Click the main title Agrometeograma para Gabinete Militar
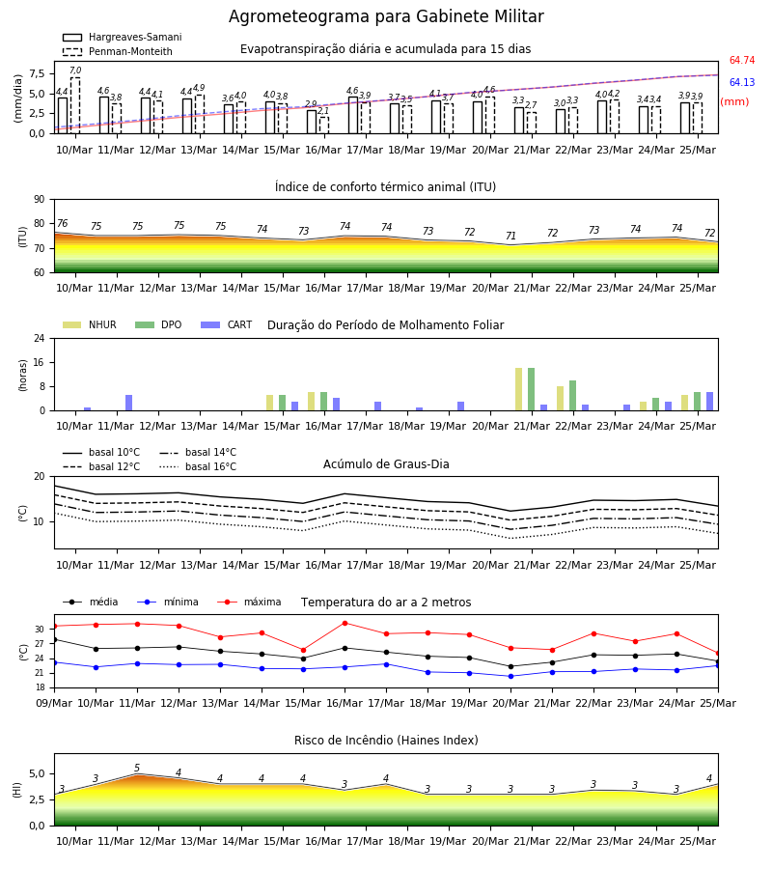[x=386, y=16]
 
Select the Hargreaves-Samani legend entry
[x=122, y=37]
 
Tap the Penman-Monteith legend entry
[x=118, y=51]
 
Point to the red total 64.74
[x=742, y=61]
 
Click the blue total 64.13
[x=742, y=83]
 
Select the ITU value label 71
[x=510, y=237]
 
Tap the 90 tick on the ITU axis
[x=40, y=200]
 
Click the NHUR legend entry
[x=90, y=324]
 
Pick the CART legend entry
[x=227, y=324]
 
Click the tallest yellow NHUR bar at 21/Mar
[x=518, y=389]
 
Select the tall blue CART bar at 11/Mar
[x=128, y=403]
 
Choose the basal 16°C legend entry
[x=198, y=466]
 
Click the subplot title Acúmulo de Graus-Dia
[x=386, y=464]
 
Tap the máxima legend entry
[x=249, y=602]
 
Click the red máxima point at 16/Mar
[x=345, y=623]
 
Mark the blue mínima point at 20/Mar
[x=510, y=676]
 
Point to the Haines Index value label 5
[x=137, y=769]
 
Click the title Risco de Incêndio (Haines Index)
[x=386, y=741]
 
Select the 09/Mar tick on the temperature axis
[x=54, y=703]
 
